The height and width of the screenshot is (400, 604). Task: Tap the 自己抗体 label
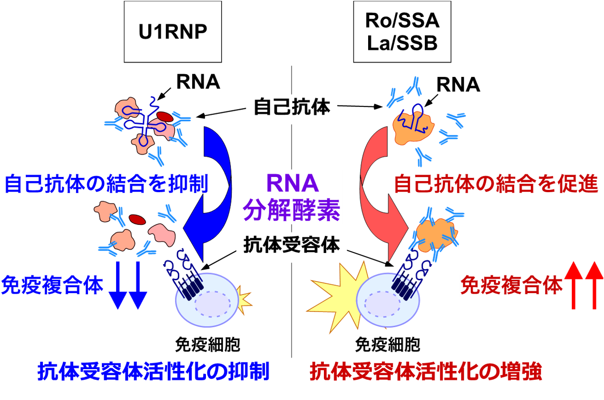[291, 108]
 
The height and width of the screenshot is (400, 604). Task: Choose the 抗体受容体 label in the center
[291, 245]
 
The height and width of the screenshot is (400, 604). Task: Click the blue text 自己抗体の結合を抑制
[106, 183]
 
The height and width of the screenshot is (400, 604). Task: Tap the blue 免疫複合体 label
[52, 286]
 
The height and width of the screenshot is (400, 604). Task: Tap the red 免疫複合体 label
[511, 286]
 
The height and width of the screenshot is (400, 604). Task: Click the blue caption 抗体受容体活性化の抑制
[153, 372]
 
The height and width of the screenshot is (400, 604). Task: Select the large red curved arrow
[380, 188]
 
